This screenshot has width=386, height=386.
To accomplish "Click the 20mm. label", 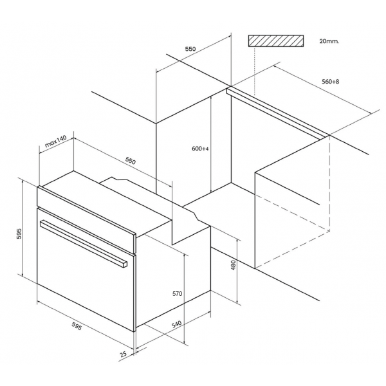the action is click(x=329, y=41).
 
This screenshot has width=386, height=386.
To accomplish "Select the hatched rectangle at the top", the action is click(x=276, y=41).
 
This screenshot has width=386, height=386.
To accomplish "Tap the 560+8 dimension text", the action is click(x=331, y=82).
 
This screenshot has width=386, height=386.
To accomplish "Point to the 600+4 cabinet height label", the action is click(x=200, y=149).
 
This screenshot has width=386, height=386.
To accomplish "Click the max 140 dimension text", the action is click(x=56, y=141).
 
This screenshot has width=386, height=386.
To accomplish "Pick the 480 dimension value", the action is click(x=234, y=264).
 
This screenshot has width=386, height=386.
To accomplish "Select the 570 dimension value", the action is click(x=178, y=294).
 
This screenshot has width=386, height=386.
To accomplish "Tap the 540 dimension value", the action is click(x=176, y=324).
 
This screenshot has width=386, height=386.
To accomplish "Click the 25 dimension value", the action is click(x=124, y=354).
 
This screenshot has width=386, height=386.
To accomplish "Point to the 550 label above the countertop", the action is click(x=190, y=49).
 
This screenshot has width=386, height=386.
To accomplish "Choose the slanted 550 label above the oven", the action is click(x=131, y=161).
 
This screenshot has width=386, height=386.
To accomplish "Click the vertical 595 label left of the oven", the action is click(x=19, y=234).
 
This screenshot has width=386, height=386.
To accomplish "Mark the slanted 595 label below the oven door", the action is click(x=77, y=326).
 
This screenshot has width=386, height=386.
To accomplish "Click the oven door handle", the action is click(x=84, y=243).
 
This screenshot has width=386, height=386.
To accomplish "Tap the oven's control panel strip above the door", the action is click(x=86, y=219).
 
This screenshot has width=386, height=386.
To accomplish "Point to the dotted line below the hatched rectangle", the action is click(x=255, y=71).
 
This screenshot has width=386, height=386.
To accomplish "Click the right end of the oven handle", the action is click(x=125, y=264).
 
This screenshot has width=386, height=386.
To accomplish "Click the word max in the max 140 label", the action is click(x=50, y=143).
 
